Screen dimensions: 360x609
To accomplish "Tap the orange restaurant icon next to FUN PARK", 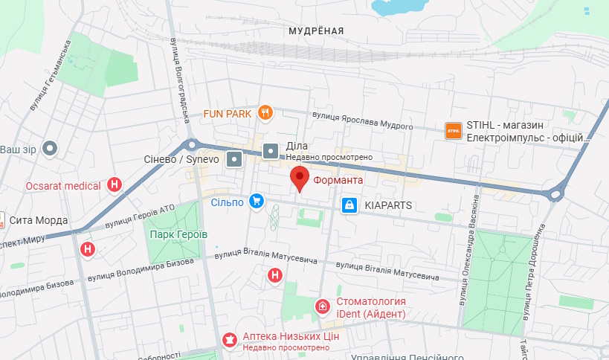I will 265,113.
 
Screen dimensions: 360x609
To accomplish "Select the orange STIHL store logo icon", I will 453,131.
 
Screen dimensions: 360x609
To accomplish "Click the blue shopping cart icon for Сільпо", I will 257,201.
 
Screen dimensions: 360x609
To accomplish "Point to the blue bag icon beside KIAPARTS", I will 349,205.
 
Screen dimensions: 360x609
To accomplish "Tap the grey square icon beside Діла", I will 271,152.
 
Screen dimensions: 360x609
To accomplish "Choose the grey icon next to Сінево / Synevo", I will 234,158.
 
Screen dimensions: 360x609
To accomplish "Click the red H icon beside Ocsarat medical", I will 115,184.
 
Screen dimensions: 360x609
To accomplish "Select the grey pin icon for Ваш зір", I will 51,148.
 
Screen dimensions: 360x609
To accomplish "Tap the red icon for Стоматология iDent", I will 322,306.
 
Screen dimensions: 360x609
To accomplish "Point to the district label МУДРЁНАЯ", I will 315,30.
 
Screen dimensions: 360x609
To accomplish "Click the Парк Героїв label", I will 178,234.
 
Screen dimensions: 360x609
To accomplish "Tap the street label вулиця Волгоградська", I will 178,82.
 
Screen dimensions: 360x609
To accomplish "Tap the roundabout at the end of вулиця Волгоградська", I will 192,145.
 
